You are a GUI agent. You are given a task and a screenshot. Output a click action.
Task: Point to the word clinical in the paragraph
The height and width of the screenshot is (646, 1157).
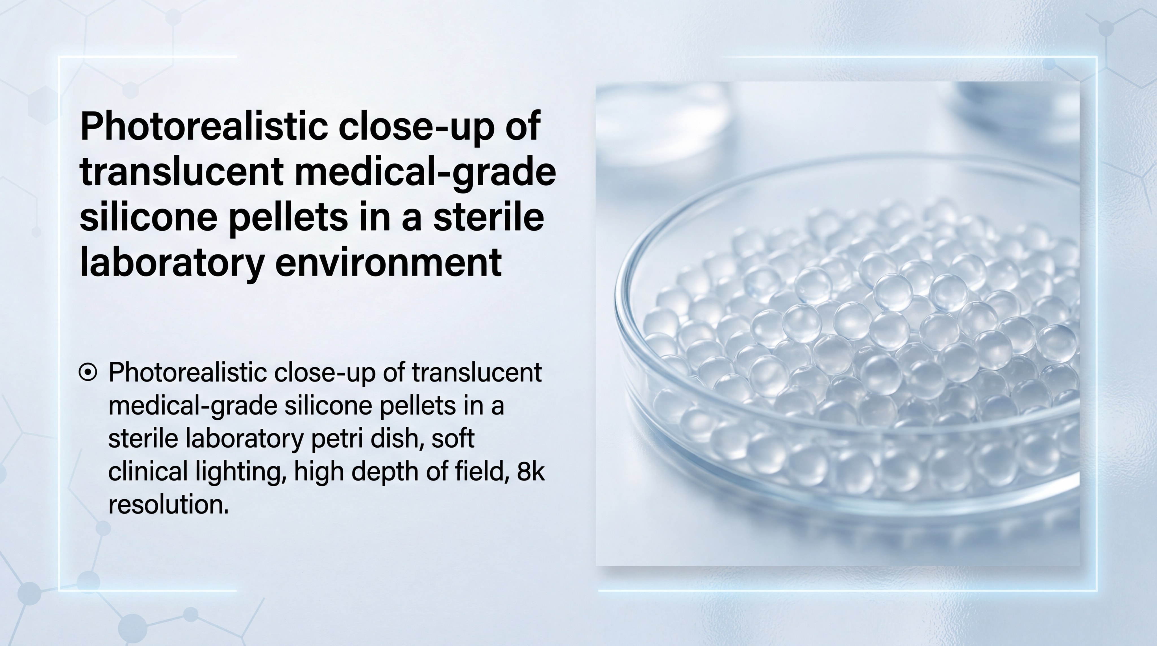[148, 472]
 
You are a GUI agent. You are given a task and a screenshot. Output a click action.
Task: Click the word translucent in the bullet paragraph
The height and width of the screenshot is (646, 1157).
[476, 372]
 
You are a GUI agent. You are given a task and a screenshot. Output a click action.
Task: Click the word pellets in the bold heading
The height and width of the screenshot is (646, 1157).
[288, 217]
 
